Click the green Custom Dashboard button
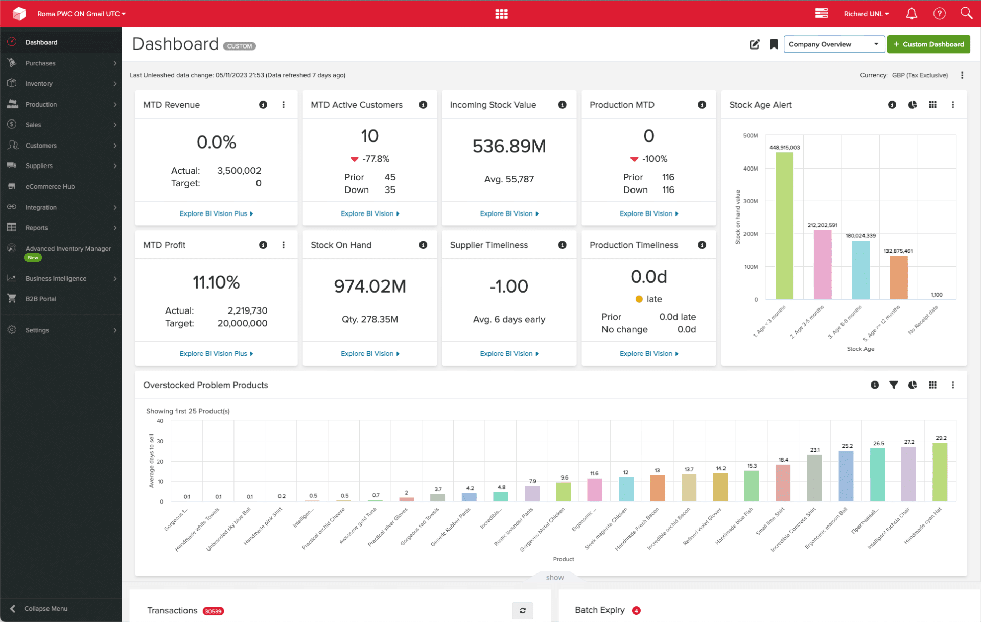coord(928,44)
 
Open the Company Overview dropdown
coord(834,44)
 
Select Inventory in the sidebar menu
coord(39,84)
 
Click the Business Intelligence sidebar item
coord(56,278)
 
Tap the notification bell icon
coord(911,14)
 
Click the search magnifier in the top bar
coord(966,13)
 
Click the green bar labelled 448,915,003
coord(784,225)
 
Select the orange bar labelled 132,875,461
coord(898,277)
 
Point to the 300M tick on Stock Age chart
coord(750,201)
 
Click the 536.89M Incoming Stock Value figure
coord(509,147)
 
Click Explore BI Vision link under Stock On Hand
coord(369,353)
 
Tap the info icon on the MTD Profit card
coord(263,245)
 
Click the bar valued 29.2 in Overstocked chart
coord(940,472)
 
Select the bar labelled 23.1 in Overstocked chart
coord(814,478)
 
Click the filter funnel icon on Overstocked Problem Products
coord(893,385)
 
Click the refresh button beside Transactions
coord(522,610)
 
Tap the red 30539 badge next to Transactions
coord(213,611)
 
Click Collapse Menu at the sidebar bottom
coord(45,609)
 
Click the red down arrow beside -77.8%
coord(354,159)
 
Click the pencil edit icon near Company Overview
coord(754,44)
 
